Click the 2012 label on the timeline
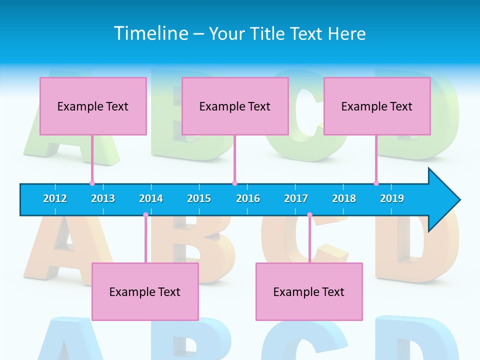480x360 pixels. pyautogui.click(x=55, y=198)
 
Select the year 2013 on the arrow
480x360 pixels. pyautogui.click(x=103, y=198)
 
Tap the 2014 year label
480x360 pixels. pyautogui.click(x=151, y=198)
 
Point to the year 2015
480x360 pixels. pyautogui.click(x=199, y=198)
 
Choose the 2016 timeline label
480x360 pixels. pyautogui.click(x=248, y=198)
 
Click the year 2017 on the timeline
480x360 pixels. pyautogui.click(x=296, y=198)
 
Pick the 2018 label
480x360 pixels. pyautogui.click(x=344, y=198)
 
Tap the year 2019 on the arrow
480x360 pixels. pyautogui.click(x=392, y=198)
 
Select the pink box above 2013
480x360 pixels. pyautogui.click(x=93, y=106)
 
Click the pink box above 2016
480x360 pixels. pyautogui.click(x=235, y=106)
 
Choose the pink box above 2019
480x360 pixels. pyautogui.click(x=377, y=106)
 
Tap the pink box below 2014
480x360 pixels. pyautogui.click(x=145, y=291)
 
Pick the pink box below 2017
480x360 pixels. pyautogui.click(x=309, y=291)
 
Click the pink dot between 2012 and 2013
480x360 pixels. pyautogui.click(x=92, y=183)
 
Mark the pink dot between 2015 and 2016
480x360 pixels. pyautogui.click(x=234, y=183)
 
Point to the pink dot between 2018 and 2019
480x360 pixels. pyautogui.click(x=376, y=183)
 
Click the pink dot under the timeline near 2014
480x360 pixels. pyautogui.click(x=145, y=215)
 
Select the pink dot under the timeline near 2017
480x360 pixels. pyautogui.click(x=309, y=215)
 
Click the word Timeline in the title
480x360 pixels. pyautogui.click(x=150, y=33)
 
